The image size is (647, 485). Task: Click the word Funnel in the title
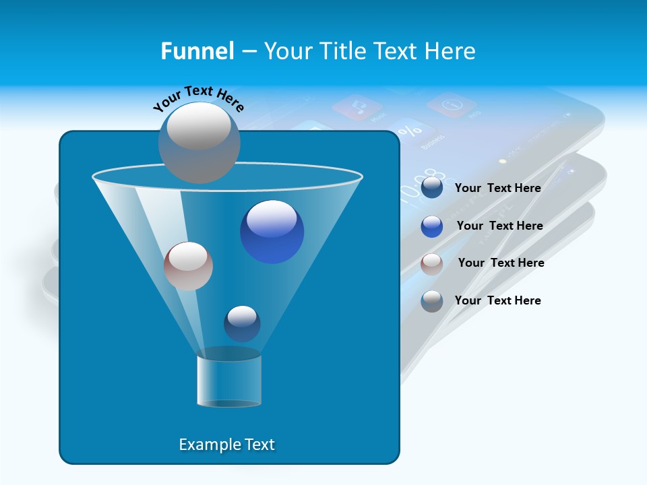click(197, 51)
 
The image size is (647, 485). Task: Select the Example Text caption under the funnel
click(226, 445)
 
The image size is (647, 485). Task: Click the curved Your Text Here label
click(198, 98)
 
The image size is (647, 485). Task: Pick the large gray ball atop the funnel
click(199, 142)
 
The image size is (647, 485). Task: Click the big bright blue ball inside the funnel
click(272, 232)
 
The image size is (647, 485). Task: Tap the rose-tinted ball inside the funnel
click(188, 266)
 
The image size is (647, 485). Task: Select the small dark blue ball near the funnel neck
click(242, 323)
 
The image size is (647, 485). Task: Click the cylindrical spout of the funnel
click(229, 381)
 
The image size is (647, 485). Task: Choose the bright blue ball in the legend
click(432, 226)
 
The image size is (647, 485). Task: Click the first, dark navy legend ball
click(432, 188)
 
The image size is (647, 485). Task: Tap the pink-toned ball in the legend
click(432, 263)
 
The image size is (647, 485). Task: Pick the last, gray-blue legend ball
click(432, 301)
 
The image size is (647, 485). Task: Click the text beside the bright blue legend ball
click(499, 226)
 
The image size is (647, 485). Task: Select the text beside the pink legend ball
click(501, 263)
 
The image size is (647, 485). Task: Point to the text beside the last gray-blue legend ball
click(497, 300)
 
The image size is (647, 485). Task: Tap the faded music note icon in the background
click(357, 108)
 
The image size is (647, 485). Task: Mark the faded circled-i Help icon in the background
click(451, 105)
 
